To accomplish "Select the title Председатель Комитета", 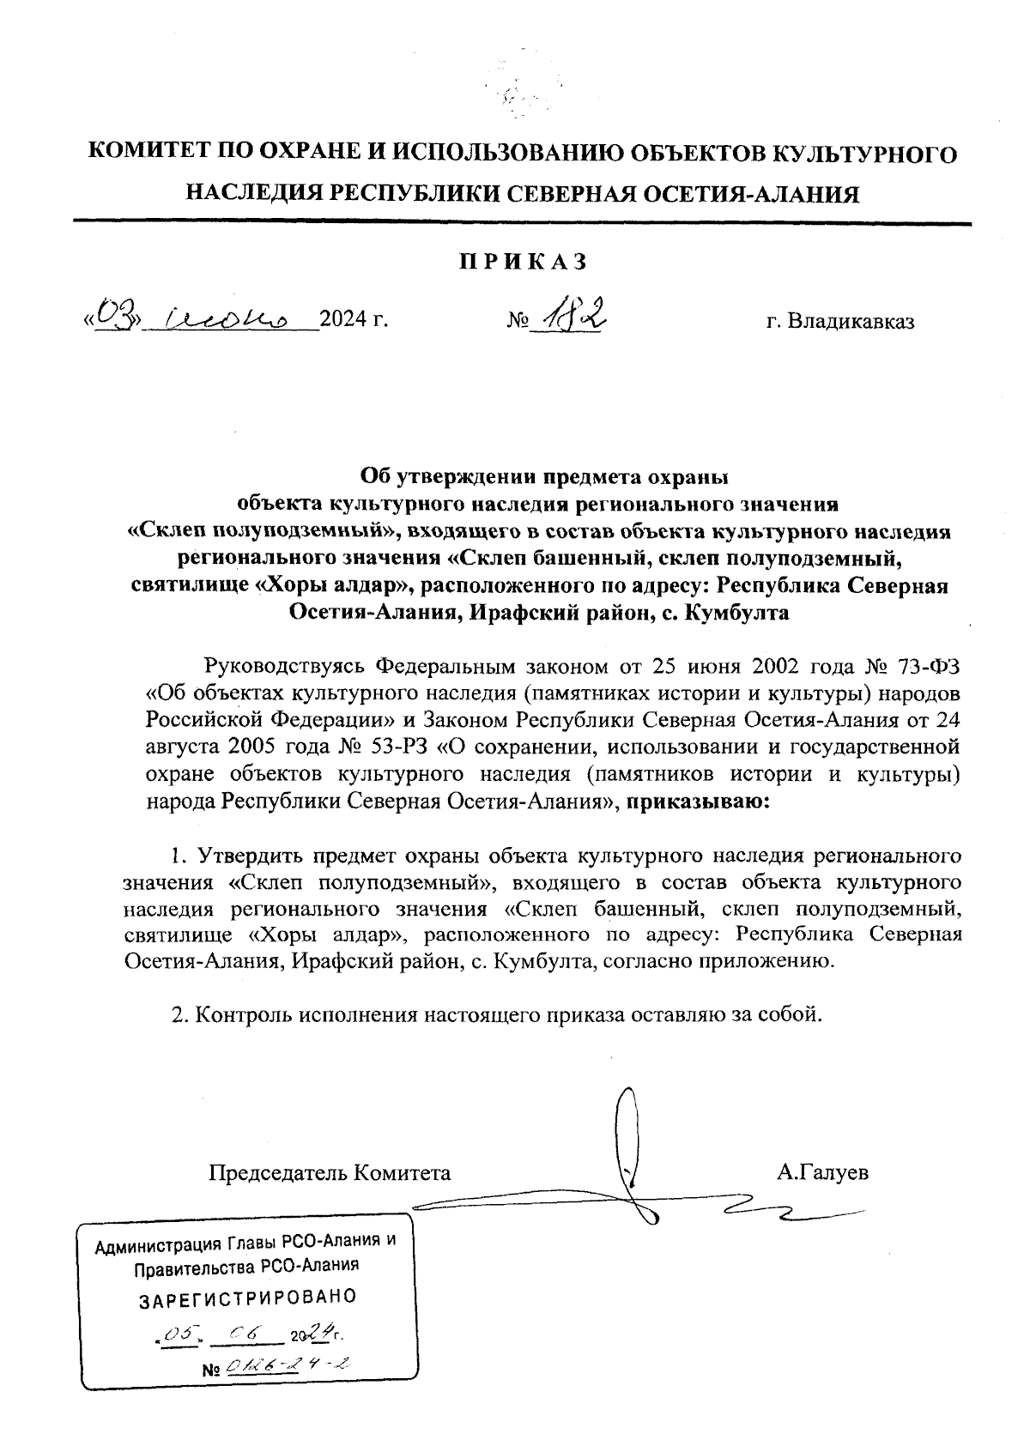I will click(x=330, y=1173).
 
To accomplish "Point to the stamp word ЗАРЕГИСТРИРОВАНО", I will click(x=247, y=1298).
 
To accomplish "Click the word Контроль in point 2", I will click(x=244, y=1015).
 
